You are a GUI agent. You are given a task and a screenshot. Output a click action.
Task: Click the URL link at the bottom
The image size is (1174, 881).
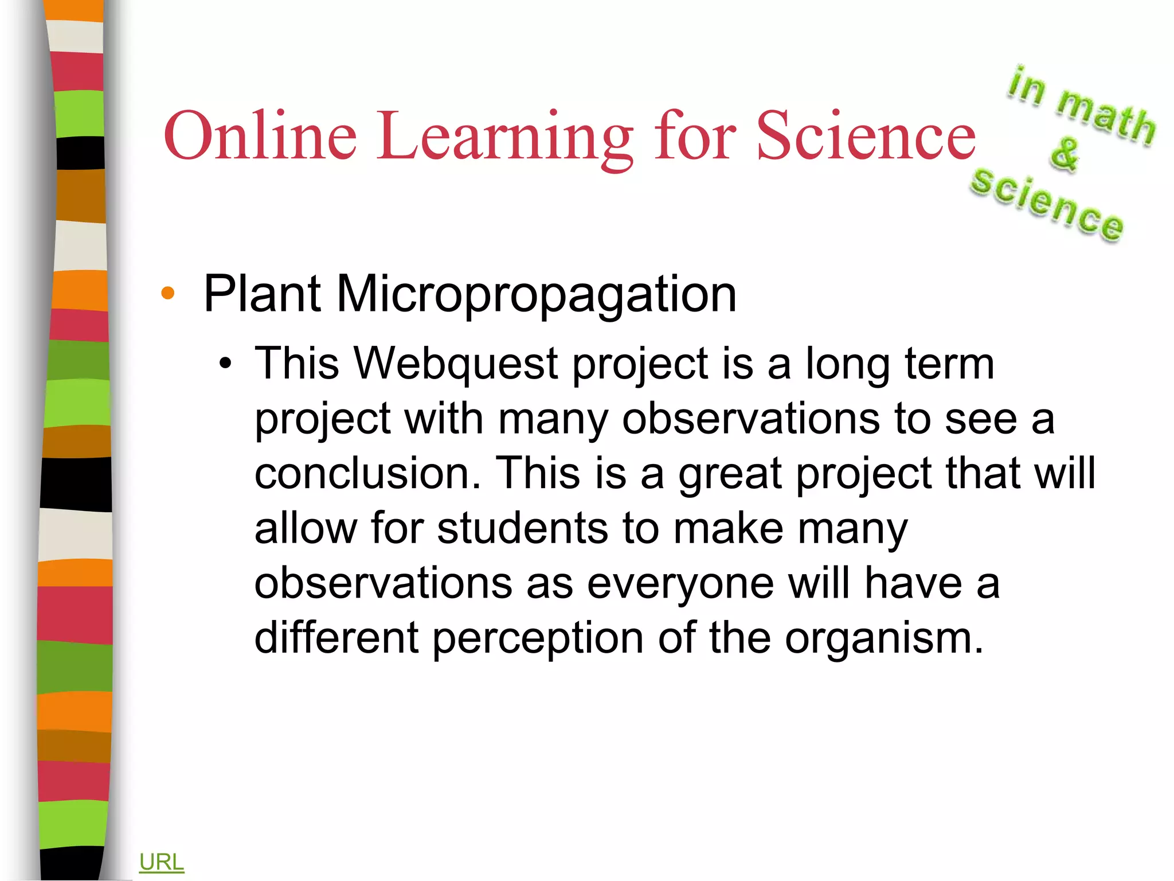click(161, 862)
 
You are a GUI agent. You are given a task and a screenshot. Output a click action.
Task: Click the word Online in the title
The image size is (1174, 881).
click(261, 136)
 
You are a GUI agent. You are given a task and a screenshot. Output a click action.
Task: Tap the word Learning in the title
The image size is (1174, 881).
click(505, 138)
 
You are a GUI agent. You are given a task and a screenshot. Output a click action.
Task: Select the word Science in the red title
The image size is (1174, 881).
click(866, 136)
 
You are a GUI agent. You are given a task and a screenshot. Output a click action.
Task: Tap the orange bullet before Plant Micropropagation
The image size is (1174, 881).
click(168, 294)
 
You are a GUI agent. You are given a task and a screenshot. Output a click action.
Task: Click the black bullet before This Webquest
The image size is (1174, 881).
click(226, 364)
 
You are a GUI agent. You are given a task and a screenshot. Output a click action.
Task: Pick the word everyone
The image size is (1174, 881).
click(680, 583)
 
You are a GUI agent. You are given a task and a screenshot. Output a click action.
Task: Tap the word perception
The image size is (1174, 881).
click(538, 638)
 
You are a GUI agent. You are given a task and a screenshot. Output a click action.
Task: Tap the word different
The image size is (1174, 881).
click(336, 638)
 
